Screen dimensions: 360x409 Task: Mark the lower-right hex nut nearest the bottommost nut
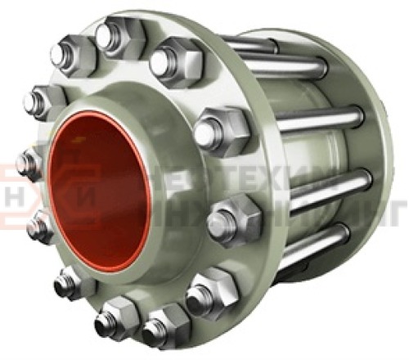click(211, 290)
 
